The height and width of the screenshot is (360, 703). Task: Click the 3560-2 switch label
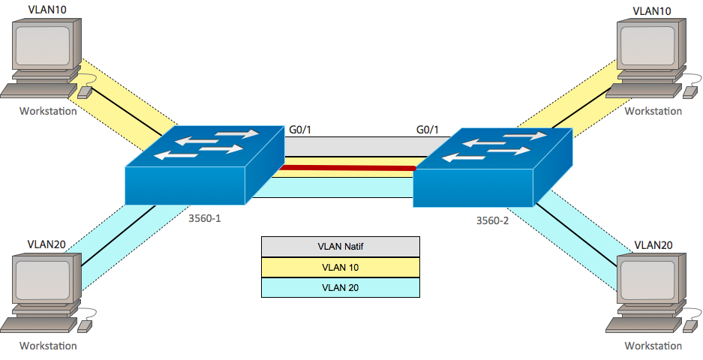point(492,220)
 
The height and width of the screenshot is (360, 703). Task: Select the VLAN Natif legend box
point(340,246)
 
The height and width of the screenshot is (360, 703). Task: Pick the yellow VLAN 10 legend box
point(340,266)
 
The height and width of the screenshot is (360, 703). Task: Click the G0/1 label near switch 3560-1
point(300,130)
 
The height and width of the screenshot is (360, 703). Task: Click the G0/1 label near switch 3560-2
point(428,130)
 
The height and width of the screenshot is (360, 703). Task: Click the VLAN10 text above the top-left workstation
point(47,10)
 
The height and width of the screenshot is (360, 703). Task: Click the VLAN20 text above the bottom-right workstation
point(653,244)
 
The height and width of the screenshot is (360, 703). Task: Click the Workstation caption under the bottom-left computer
point(48,346)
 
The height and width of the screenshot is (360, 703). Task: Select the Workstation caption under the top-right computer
point(653,111)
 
